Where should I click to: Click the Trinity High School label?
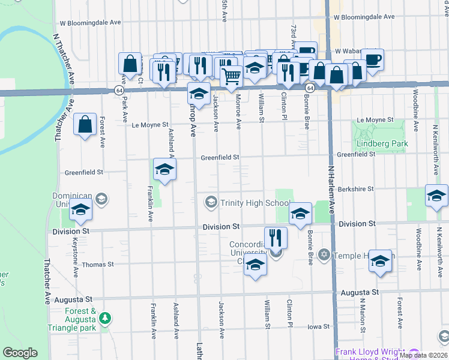coord(255,203)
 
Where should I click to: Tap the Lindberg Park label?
coord(382,144)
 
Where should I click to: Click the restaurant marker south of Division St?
coord(276,237)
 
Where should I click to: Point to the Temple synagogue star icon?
coord(324,256)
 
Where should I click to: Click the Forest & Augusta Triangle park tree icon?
coord(105,316)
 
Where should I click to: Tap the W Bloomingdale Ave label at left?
coord(91,23)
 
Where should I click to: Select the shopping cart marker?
coord(232,76)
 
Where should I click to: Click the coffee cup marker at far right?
coord(373,59)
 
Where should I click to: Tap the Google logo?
coord(20,353)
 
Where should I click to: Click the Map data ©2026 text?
coord(423,355)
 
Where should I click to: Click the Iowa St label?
coord(319,327)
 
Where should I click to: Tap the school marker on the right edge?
coord(437,196)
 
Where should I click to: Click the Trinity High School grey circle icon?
coord(211,202)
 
